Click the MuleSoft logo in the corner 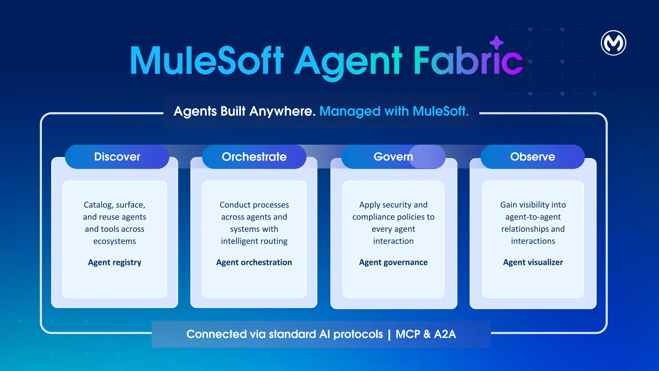pyautogui.click(x=613, y=43)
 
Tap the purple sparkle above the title pyautogui.click(x=497, y=43)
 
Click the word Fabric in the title pyautogui.click(x=468, y=61)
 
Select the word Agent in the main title pyautogui.click(x=348, y=61)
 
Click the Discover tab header pyautogui.click(x=117, y=157)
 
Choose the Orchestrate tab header pyautogui.click(x=254, y=157)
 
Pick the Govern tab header pyautogui.click(x=393, y=157)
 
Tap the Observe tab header pyautogui.click(x=533, y=157)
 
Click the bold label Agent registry pyautogui.click(x=115, y=262)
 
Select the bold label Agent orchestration pyautogui.click(x=254, y=262)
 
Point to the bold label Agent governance pyautogui.click(x=393, y=262)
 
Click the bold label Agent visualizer pyautogui.click(x=533, y=262)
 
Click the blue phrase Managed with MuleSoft pyautogui.click(x=394, y=111)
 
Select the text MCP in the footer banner pyautogui.click(x=408, y=334)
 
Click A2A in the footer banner pyautogui.click(x=445, y=334)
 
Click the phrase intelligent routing pyautogui.click(x=254, y=241)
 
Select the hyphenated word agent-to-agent pyautogui.click(x=533, y=217)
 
